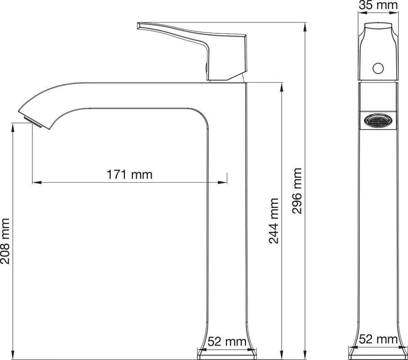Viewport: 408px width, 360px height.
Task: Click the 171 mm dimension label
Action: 129,174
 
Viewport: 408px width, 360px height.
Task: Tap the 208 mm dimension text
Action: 5,241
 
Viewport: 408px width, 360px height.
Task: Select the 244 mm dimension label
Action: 274,221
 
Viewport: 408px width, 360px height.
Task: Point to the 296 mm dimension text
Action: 297,191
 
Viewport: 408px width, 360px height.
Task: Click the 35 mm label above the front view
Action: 378,5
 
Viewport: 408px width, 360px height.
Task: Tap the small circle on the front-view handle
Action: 378,68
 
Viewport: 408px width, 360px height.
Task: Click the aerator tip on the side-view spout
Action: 33,122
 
